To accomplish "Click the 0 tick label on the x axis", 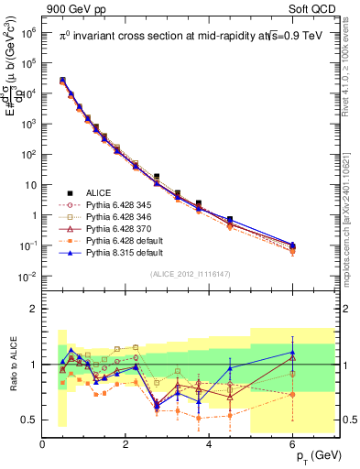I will click(42, 444).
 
